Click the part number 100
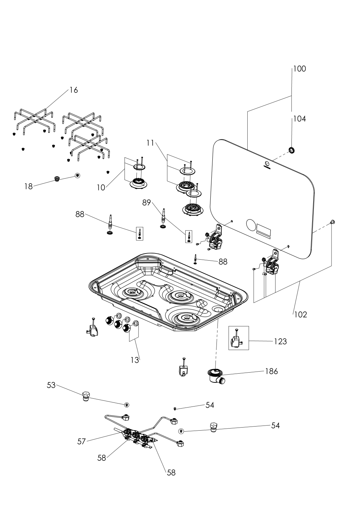299,69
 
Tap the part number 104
299,119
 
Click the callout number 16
74,90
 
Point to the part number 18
28,186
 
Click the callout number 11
150,143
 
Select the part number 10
101,188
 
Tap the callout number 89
146,203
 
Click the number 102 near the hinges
301,315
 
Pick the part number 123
280,341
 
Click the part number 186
271,371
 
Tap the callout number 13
135,360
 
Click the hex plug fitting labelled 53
86,396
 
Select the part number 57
81,441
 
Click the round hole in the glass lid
251,225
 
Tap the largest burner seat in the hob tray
186,318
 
